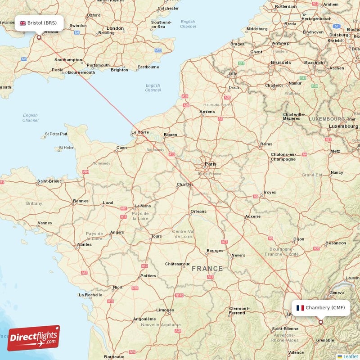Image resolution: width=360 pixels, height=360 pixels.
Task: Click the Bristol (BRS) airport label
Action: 39,23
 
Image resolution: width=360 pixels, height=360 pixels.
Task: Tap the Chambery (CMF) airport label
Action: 321,308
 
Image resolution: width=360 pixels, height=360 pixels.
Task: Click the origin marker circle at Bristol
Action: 39,38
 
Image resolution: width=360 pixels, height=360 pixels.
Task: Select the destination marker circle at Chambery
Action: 321,322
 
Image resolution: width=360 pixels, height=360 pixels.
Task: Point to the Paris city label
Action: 210,164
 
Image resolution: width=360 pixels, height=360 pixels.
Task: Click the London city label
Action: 115,28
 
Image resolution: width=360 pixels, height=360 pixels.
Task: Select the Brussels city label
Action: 281,63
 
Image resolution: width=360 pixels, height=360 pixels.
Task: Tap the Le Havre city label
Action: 139,132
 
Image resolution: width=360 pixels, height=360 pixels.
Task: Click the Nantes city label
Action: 84,245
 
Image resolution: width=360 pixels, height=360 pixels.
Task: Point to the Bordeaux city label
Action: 114,356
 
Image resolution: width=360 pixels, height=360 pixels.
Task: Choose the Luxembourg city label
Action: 343,126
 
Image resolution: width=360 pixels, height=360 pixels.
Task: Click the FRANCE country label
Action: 207,269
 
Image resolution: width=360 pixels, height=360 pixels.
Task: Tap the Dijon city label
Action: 299,239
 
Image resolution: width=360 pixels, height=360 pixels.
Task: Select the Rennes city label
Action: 81,201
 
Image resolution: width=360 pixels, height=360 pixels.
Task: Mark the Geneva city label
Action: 337,292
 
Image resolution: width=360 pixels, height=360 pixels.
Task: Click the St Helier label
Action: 67,148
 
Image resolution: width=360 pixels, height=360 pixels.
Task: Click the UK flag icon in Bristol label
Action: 22,23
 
